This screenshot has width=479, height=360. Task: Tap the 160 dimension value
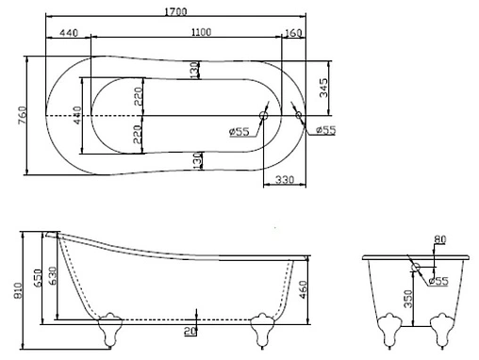[x=292, y=33]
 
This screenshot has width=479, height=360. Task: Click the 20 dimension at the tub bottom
[x=191, y=330]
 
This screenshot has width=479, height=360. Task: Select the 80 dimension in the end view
[x=439, y=238]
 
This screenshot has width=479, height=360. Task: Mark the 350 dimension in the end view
[x=406, y=297]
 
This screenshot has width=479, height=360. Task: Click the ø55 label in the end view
[x=437, y=280]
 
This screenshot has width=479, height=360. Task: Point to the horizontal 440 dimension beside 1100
[x=67, y=32]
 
